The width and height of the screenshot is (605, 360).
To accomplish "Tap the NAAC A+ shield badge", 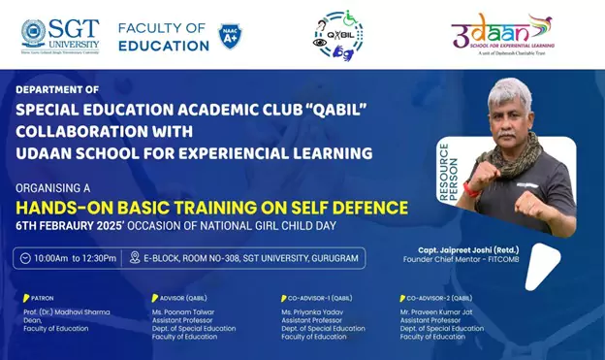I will (230, 36).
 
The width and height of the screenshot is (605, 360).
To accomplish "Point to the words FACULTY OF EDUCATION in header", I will (163, 36).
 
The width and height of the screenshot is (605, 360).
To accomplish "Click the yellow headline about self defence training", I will (211, 207).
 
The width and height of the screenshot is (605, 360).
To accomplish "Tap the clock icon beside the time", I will (24, 257).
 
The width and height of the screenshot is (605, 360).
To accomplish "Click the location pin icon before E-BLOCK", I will (135, 257).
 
